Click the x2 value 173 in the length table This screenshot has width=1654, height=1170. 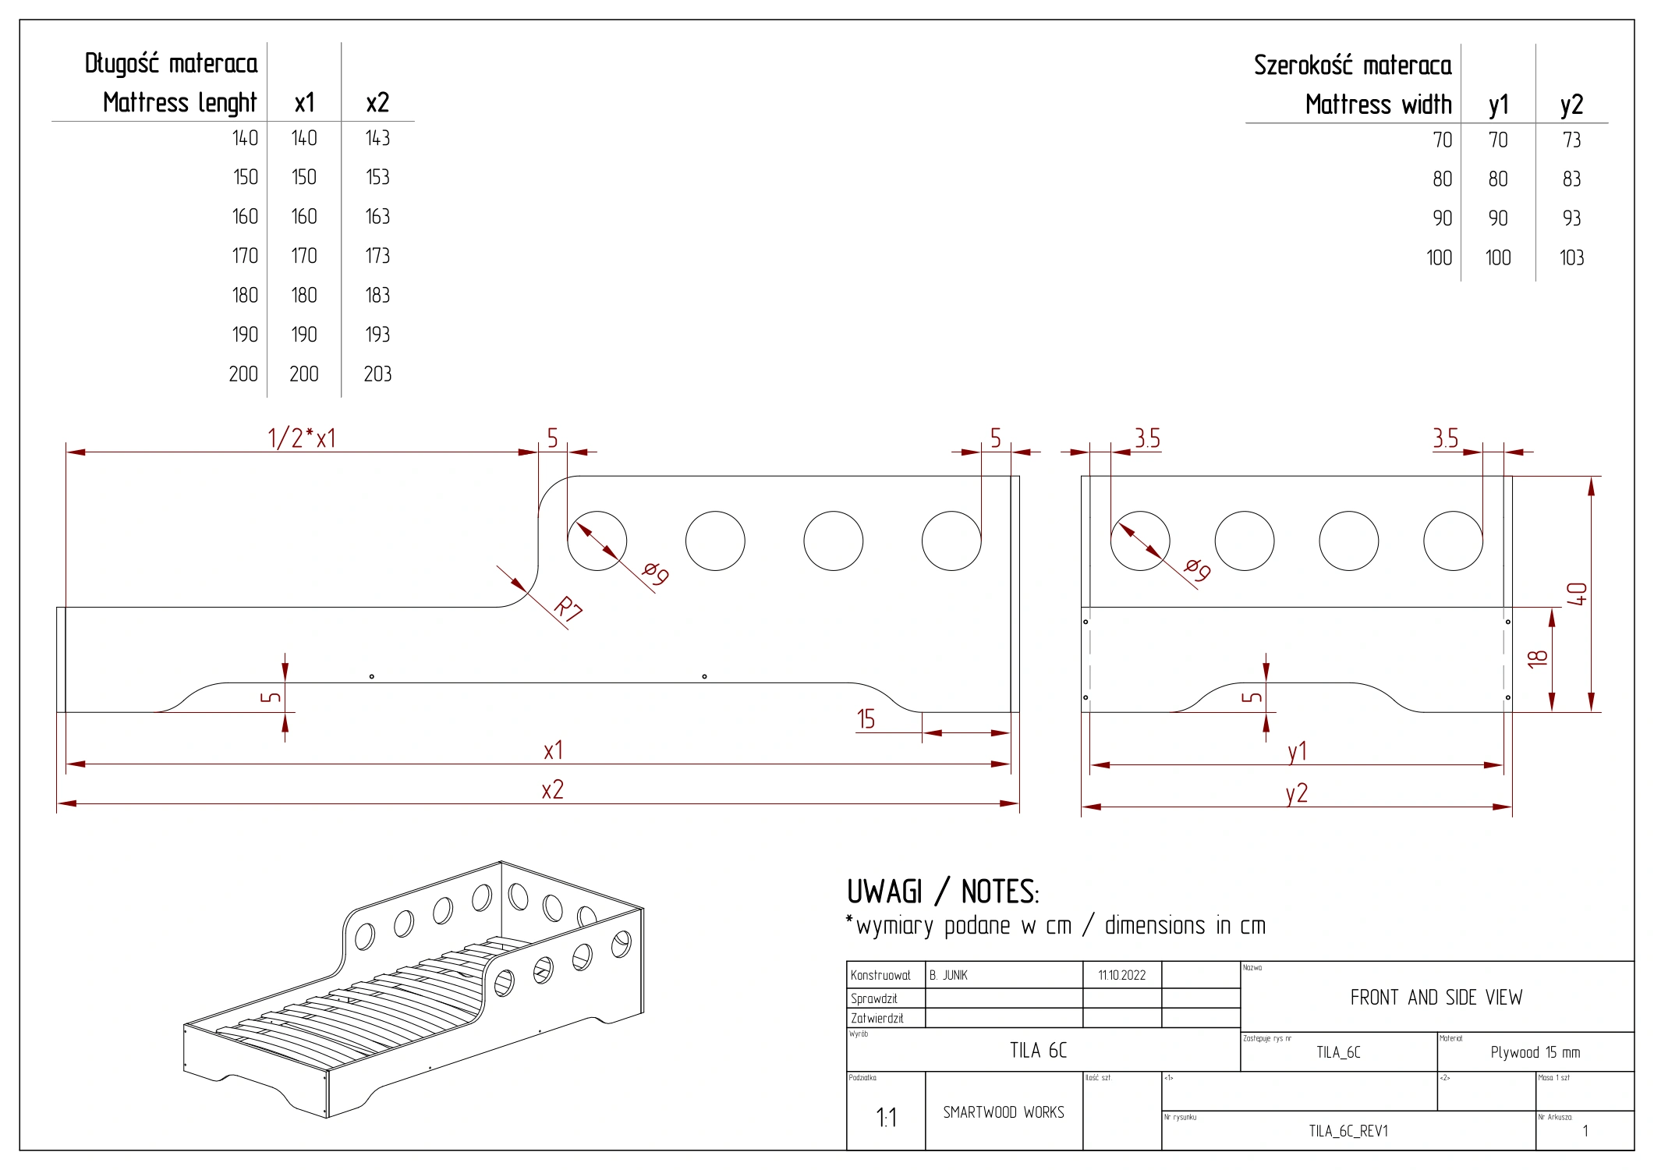(x=377, y=256)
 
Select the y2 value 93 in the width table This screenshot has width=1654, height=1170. (x=1571, y=218)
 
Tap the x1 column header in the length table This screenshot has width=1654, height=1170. (x=304, y=103)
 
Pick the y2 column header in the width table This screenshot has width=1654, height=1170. (x=1571, y=105)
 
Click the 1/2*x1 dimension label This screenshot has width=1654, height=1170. (x=302, y=438)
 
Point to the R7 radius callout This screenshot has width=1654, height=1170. (x=568, y=608)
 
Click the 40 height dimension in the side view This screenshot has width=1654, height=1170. (x=1577, y=594)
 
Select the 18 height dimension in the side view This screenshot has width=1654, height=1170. (x=1537, y=659)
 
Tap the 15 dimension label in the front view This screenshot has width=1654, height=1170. (x=866, y=719)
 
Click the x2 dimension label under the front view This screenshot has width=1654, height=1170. (x=552, y=790)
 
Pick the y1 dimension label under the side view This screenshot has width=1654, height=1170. (x=1297, y=751)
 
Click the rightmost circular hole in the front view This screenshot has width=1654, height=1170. (x=951, y=541)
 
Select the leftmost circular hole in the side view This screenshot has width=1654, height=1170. (x=1140, y=541)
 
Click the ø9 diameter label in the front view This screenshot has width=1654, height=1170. (x=656, y=573)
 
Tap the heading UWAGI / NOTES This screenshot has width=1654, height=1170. (x=942, y=892)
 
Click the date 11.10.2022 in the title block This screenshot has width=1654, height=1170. (x=1121, y=975)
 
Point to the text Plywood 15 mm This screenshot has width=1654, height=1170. (x=1535, y=1052)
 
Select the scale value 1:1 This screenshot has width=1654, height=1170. (x=886, y=1118)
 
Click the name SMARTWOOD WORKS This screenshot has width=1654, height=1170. (x=1004, y=1112)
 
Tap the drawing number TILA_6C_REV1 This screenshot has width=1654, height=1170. (x=1348, y=1131)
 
